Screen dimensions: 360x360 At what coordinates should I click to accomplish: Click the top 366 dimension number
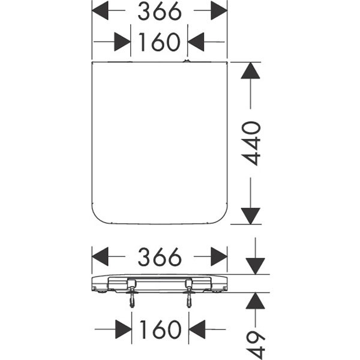coord(160,11)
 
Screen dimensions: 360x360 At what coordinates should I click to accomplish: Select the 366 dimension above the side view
coord(160,257)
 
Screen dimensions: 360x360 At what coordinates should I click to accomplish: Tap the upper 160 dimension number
coord(160,42)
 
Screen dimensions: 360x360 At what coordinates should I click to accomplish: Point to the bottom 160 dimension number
coord(160,329)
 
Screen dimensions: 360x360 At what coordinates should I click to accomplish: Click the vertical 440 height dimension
coord(251,143)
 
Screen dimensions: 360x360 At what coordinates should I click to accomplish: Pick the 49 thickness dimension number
coord(256,345)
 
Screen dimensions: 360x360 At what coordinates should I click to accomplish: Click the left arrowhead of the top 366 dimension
coord(100,11)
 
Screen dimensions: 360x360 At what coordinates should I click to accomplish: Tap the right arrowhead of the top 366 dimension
coord(219,11)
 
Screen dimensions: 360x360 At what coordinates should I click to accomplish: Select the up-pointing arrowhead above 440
coord(250,70)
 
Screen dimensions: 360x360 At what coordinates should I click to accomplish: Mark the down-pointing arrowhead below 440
coord(250,216)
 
